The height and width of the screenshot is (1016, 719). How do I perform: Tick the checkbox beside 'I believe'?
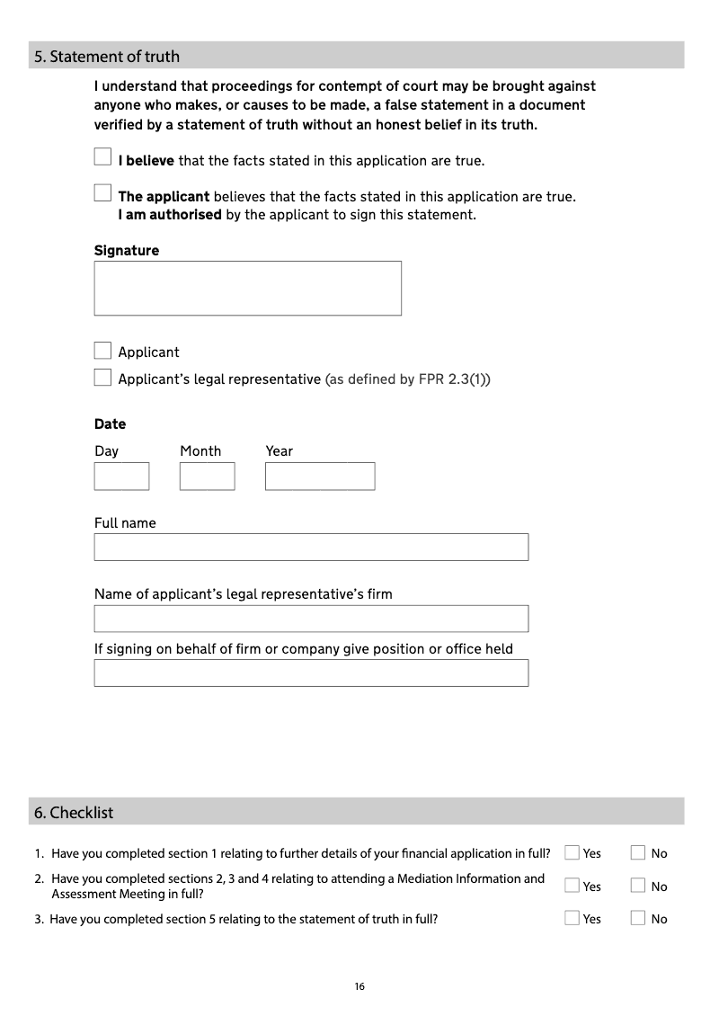tap(102, 157)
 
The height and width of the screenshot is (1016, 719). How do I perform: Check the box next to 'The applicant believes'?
tap(102, 192)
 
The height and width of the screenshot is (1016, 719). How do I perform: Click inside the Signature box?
tap(247, 288)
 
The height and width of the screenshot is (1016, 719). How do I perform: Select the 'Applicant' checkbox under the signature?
tap(102, 351)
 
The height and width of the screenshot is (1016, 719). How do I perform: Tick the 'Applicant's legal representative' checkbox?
tap(102, 378)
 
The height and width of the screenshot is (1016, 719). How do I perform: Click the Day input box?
tap(121, 476)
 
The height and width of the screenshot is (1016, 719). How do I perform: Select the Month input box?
tap(207, 476)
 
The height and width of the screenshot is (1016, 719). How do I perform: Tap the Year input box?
tap(319, 476)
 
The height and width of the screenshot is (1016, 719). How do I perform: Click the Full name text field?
tap(311, 547)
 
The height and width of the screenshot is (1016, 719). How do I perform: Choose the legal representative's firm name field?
tap(311, 619)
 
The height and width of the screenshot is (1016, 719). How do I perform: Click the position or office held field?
tap(311, 673)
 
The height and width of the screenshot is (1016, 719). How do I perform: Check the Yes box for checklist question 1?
tap(572, 852)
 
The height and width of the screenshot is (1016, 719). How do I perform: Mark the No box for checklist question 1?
tap(638, 852)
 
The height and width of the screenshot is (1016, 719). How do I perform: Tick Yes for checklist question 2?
tap(572, 886)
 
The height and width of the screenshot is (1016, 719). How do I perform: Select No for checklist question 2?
tap(638, 886)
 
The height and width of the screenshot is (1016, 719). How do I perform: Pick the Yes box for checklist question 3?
tap(572, 918)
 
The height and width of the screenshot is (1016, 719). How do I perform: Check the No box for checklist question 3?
tap(638, 918)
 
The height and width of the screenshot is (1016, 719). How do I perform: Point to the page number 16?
tap(359, 986)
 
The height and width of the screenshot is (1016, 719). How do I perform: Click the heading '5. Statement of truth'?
tap(107, 57)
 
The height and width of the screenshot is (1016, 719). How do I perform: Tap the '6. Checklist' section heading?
tap(74, 813)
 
